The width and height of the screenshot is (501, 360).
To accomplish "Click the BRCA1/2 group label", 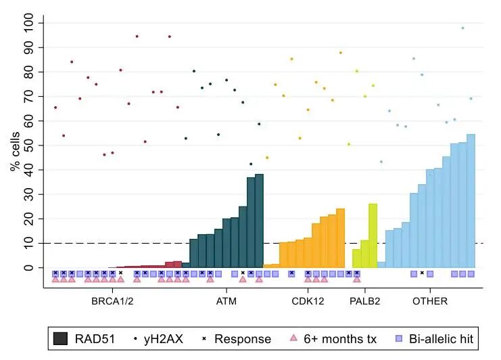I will click(112, 301).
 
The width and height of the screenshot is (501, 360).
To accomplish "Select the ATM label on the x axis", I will click(226, 301).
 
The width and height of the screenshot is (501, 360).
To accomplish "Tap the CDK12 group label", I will click(307, 301).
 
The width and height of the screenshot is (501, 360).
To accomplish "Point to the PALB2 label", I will click(366, 301).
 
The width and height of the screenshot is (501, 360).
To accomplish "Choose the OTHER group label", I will click(430, 301).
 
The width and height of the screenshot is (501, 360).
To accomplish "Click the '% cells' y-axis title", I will click(16, 145).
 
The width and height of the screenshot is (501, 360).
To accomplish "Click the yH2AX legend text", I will click(164, 339).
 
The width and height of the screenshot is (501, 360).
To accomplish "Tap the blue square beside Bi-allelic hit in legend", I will click(398, 339).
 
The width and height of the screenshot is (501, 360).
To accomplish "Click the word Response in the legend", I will click(243, 339).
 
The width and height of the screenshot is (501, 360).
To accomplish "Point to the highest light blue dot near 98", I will click(462, 28).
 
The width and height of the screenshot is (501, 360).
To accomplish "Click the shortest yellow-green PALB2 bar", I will click(356, 258).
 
